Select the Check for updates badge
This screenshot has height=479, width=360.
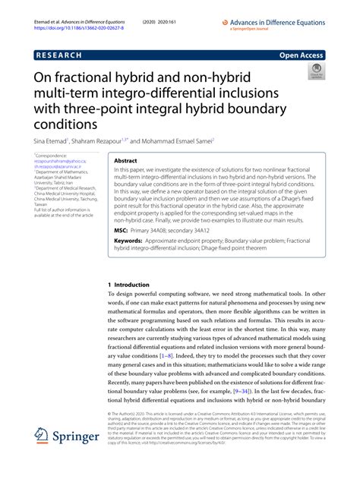314,74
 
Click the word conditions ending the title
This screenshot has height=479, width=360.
66,124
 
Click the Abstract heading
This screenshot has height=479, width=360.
125,161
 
